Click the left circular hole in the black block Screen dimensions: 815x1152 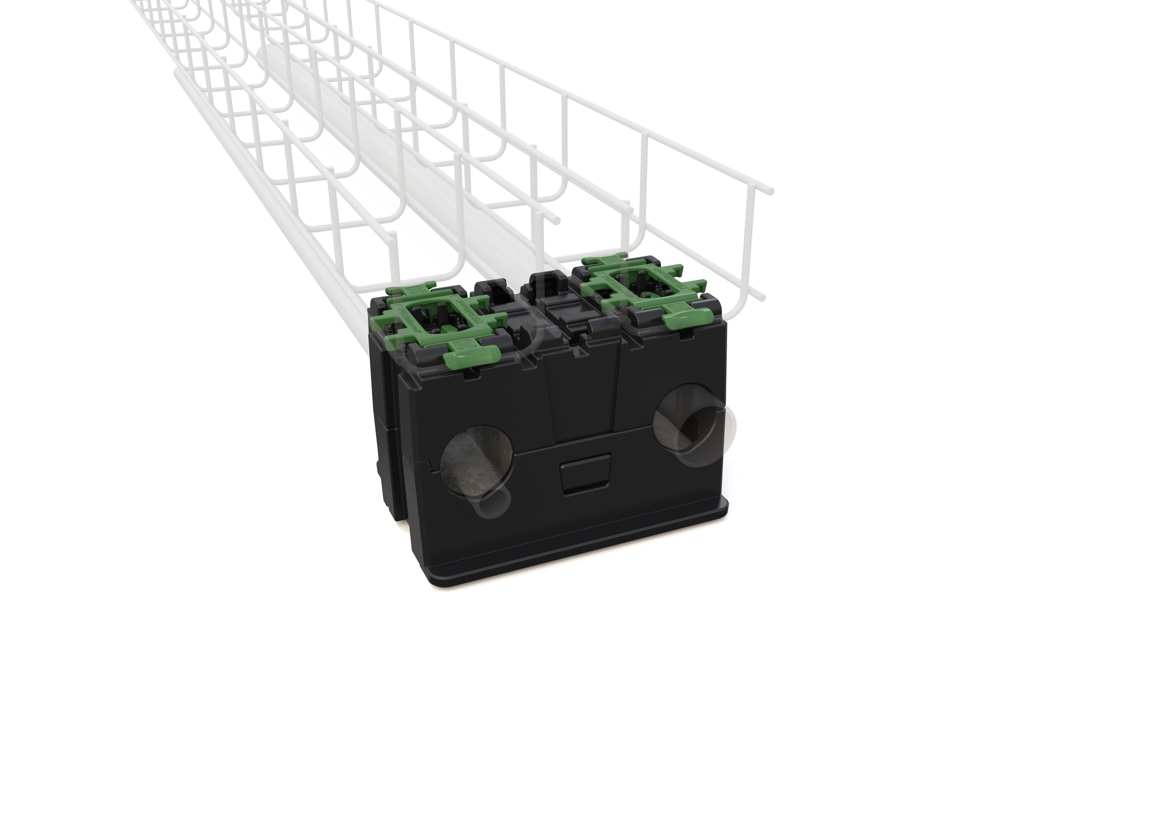point(476,457)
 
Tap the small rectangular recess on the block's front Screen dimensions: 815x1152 point(586,474)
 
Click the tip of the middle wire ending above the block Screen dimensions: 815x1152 point(556,221)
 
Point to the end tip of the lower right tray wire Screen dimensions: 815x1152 point(763,298)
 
